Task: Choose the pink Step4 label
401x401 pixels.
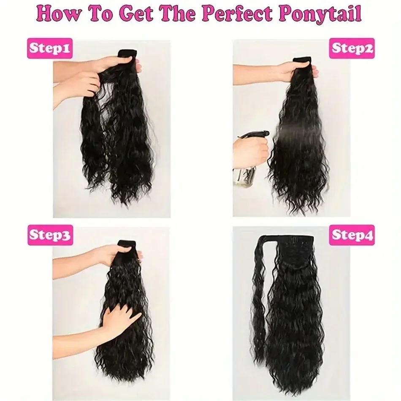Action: pyautogui.click(x=352, y=235)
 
